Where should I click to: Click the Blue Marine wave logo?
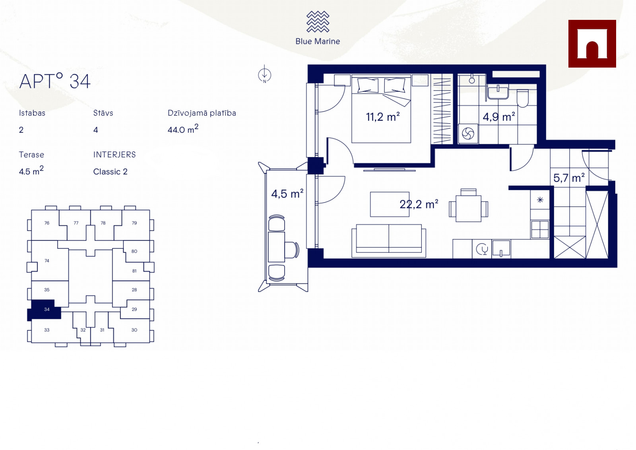tap(318, 21)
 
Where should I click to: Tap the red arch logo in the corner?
tap(592, 44)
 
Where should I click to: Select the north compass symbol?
tap(264, 74)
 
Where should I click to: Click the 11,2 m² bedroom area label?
tap(383, 117)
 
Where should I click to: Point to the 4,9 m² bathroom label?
tap(499, 117)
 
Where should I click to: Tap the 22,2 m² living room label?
tap(419, 204)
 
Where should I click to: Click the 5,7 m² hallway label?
tap(569, 178)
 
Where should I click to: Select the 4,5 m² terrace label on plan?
tap(287, 194)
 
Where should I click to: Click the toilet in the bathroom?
tap(522, 98)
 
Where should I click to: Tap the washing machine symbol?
tap(468, 134)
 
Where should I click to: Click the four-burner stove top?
tap(540, 229)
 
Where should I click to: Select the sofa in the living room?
tap(389, 241)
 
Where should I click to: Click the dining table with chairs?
tap(469, 206)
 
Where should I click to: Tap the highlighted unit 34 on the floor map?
tap(45, 309)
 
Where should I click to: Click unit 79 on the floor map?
tap(134, 223)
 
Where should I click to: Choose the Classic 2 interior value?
tap(110, 172)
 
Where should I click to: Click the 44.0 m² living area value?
tap(183, 129)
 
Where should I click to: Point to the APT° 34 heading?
tap(55, 81)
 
